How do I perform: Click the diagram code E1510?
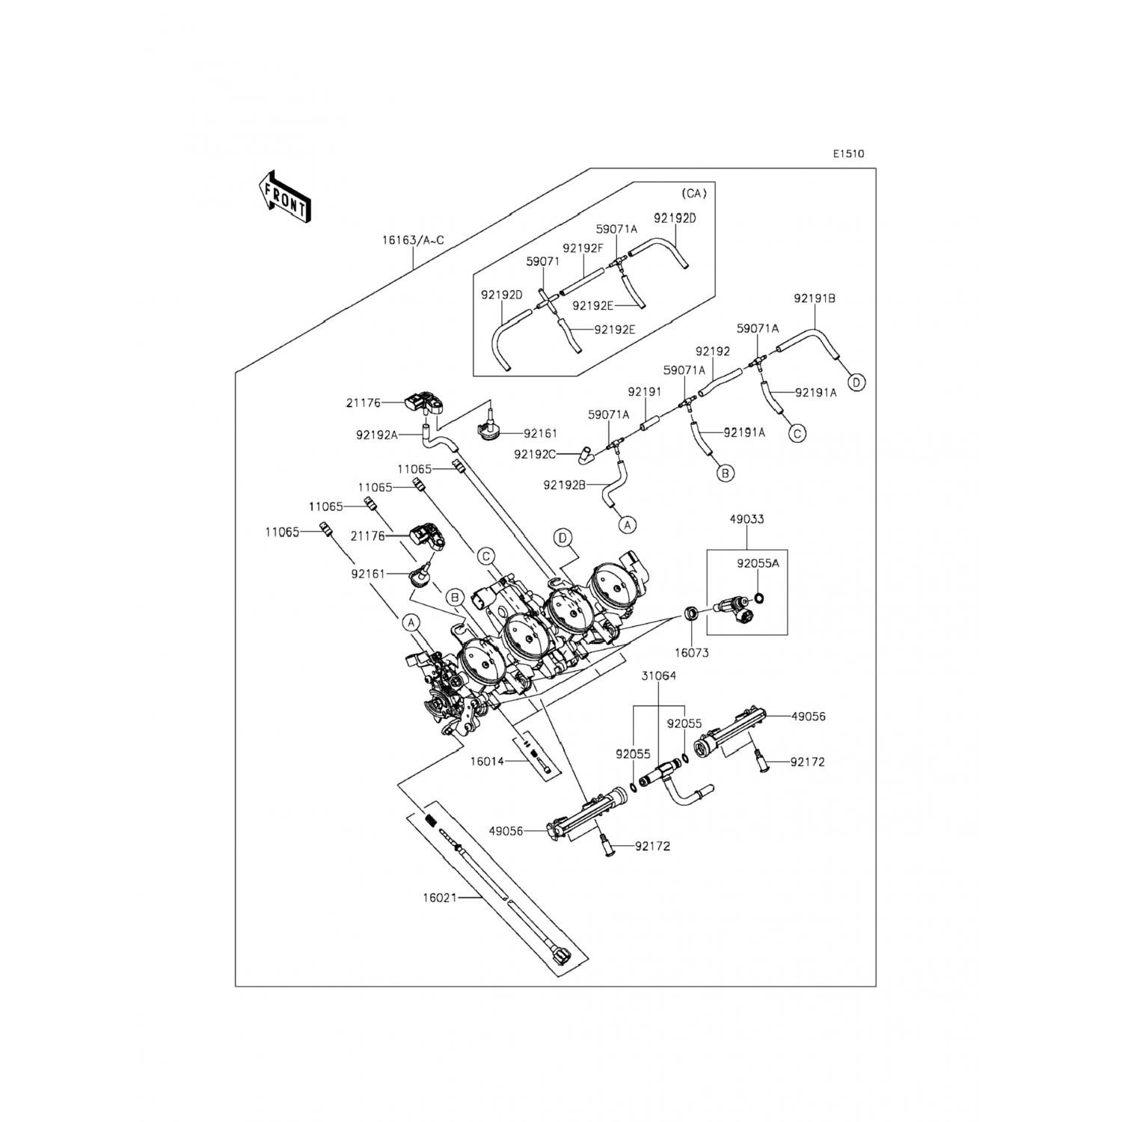click(x=849, y=154)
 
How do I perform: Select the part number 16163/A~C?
click(x=413, y=240)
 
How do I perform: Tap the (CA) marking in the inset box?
click(x=693, y=193)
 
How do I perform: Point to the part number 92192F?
click(x=583, y=248)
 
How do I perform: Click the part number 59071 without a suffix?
click(x=542, y=262)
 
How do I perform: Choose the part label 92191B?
click(x=815, y=298)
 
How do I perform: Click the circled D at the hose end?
click(x=857, y=382)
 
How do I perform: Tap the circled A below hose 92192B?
click(x=628, y=525)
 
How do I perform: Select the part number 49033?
click(x=747, y=519)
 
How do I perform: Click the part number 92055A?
click(x=758, y=563)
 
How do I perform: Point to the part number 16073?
click(x=691, y=652)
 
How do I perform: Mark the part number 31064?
click(x=658, y=675)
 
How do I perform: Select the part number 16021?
click(x=440, y=898)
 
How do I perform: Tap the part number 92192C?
click(x=535, y=453)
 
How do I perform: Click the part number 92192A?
click(x=378, y=434)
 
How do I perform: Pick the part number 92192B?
click(x=565, y=485)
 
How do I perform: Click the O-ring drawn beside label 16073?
click(x=692, y=614)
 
